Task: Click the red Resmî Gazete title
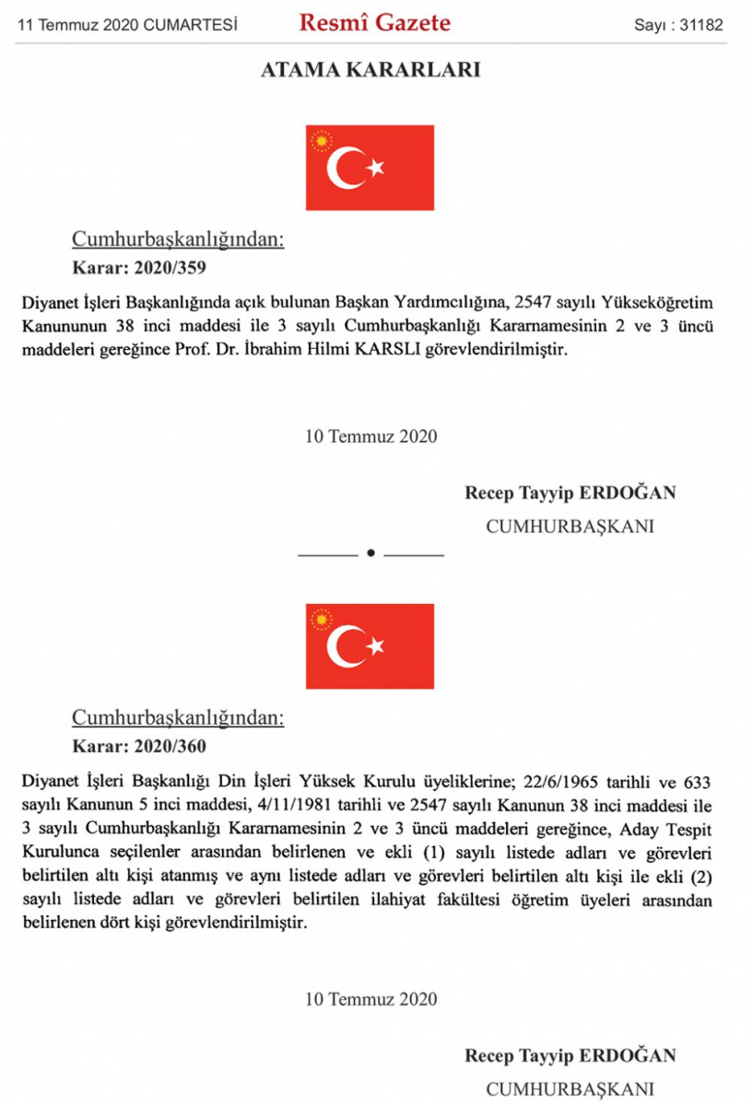coord(374,24)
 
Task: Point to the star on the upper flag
coord(375,168)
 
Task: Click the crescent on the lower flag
coord(347,646)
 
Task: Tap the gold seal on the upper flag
coord(322,141)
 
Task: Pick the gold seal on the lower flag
coord(322,620)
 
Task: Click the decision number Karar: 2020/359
coord(138,270)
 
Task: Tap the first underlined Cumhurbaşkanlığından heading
coord(178,241)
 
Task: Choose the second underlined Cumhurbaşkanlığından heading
coord(178,718)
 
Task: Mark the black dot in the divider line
coord(371,554)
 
